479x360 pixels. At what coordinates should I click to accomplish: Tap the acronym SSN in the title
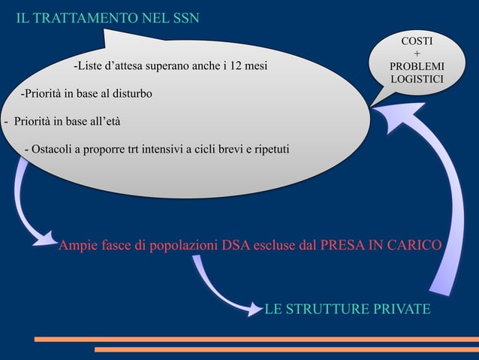point(182,18)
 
